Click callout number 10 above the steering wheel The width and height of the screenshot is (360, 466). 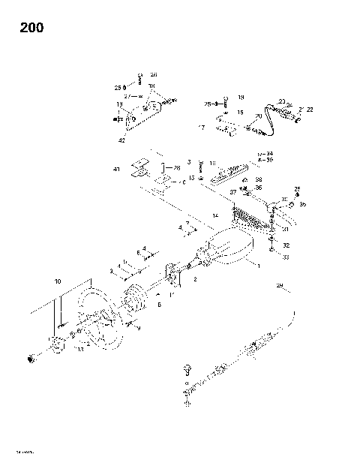click(56, 281)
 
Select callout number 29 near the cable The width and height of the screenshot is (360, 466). click(280, 286)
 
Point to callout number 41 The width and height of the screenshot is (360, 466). click(116, 170)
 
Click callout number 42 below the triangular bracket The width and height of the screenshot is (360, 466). click(121, 140)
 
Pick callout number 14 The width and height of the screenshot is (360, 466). click(215, 215)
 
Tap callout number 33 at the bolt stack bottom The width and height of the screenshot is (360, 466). click(286, 257)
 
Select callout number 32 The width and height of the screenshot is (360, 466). click(286, 245)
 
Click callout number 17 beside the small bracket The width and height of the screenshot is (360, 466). click(201, 128)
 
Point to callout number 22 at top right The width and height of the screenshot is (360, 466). click(310, 110)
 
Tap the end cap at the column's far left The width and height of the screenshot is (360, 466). click(32, 357)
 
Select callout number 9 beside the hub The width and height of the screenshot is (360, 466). click(137, 328)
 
